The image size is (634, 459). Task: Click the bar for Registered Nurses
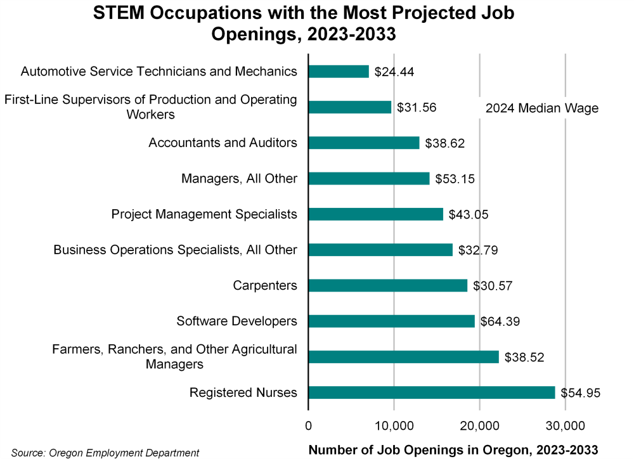[x=431, y=392]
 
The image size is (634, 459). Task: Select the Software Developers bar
[x=391, y=321]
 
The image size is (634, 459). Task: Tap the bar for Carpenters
[x=387, y=285]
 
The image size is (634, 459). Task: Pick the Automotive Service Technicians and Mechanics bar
[x=339, y=72]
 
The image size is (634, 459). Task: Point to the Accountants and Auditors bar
[x=364, y=143]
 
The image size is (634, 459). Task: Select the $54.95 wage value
[x=580, y=393]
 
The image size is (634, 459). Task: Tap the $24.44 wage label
[x=394, y=72]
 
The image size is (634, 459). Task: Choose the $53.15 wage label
[x=455, y=179]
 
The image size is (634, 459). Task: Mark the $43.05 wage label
[x=469, y=214]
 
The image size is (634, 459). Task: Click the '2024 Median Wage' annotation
[x=542, y=108]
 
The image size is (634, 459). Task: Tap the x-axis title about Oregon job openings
[x=453, y=449]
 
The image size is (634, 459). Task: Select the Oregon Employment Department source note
[x=105, y=452]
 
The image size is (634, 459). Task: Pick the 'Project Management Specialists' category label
[x=204, y=214]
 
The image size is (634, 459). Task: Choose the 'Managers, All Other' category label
[x=238, y=179]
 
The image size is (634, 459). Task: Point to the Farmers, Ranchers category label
[x=174, y=356]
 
